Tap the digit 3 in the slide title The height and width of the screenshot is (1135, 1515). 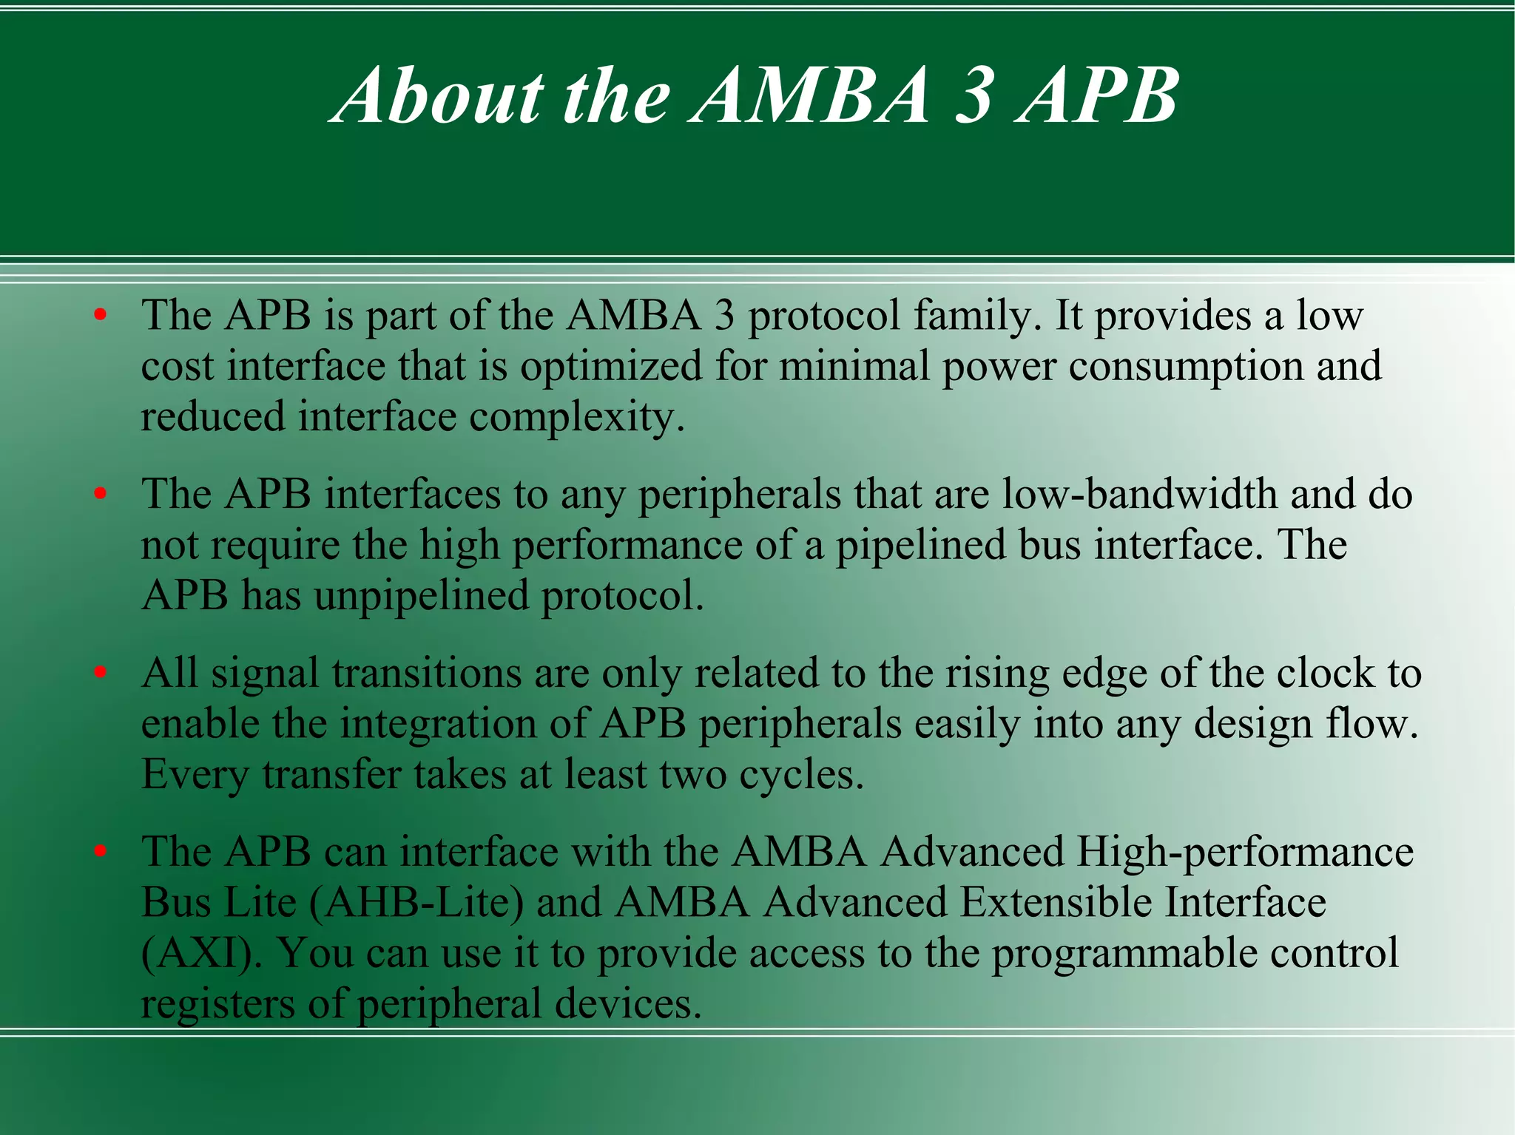coord(973,96)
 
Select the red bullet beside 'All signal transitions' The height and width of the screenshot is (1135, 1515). coord(101,673)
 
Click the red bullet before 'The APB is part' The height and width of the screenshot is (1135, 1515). coord(101,316)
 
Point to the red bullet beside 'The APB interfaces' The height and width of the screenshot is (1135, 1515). coord(101,494)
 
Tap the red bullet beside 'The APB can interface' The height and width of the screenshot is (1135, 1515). coord(101,852)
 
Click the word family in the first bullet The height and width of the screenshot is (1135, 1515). coord(977,316)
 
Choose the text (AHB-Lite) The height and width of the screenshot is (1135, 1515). coord(416,903)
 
